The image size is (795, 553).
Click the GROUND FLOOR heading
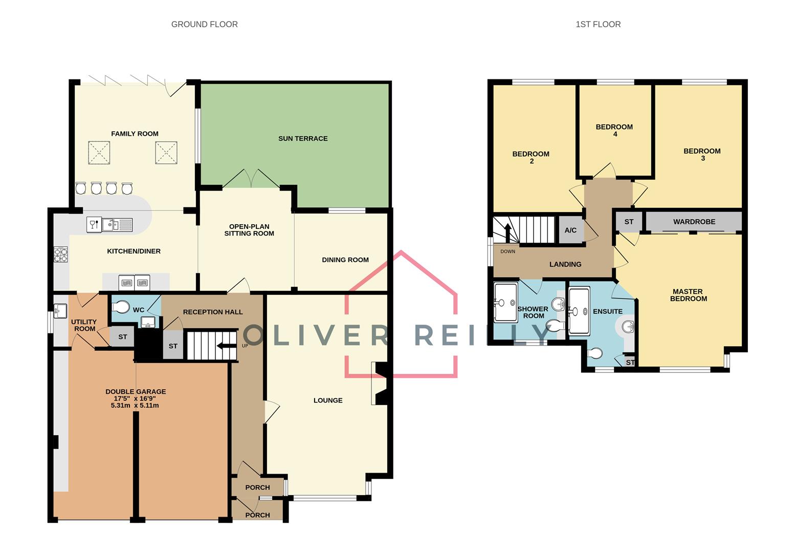[204, 24]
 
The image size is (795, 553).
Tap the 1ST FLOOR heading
[598, 24]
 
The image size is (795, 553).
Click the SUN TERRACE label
[303, 138]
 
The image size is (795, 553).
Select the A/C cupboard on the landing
[570, 230]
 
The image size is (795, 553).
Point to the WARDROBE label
[694, 222]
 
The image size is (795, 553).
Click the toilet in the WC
[121, 307]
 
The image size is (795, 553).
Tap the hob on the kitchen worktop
[61, 254]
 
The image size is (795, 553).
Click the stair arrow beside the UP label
[223, 346]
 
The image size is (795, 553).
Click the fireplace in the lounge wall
[381, 384]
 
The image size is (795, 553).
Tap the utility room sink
[60, 310]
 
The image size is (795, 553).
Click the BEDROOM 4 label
[614, 130]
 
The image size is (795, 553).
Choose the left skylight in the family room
[99, 153]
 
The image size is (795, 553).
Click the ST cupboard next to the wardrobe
[629, 222]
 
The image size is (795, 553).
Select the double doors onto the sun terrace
[251, 178]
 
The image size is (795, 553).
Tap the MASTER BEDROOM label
[688, 295]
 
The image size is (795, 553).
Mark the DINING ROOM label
[345, 260]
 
